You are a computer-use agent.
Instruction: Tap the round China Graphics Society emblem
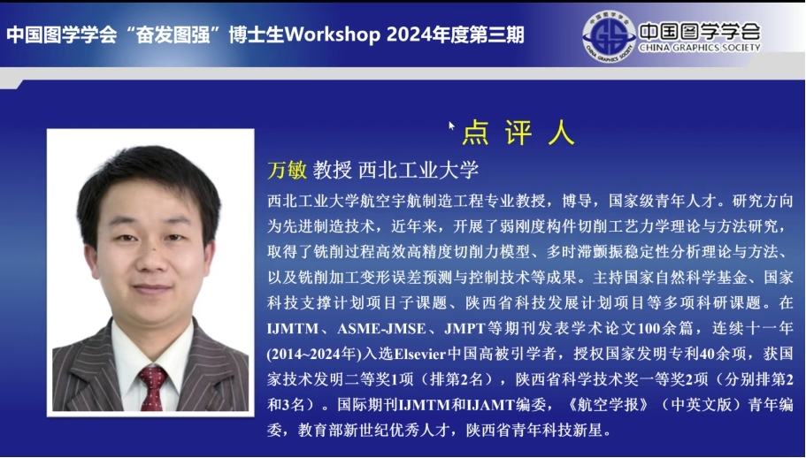tap(609, 36)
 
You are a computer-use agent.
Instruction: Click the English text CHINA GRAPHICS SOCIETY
tap(700, 48)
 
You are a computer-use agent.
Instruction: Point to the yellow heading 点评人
tap(518, 133)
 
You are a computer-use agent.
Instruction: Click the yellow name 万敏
tap(287, 170)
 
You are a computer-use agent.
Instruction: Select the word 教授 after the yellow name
tap(332, 170)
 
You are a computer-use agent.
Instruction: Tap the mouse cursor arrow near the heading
tap(452, 126)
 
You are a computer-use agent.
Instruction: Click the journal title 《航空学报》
tap(608, 405)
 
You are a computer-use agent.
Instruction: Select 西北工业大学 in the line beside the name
tap(418, 170)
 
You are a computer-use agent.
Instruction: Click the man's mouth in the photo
tap(151, 288)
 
